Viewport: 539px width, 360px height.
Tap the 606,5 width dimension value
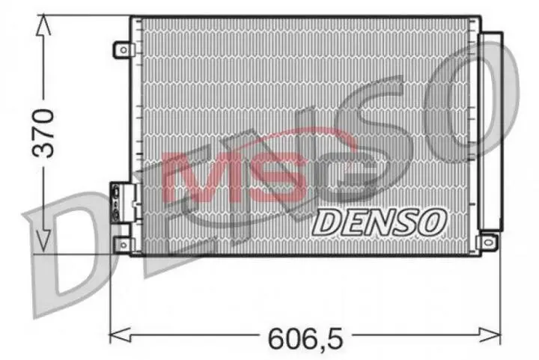(x=305, y=338)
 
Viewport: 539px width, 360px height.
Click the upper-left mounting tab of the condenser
(x=122, y=49)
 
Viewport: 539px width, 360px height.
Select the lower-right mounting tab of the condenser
(x=488, y=241)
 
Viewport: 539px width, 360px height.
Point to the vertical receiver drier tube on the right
(x=491, y=131)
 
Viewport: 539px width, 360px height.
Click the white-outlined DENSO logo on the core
(x=379, y=220)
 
